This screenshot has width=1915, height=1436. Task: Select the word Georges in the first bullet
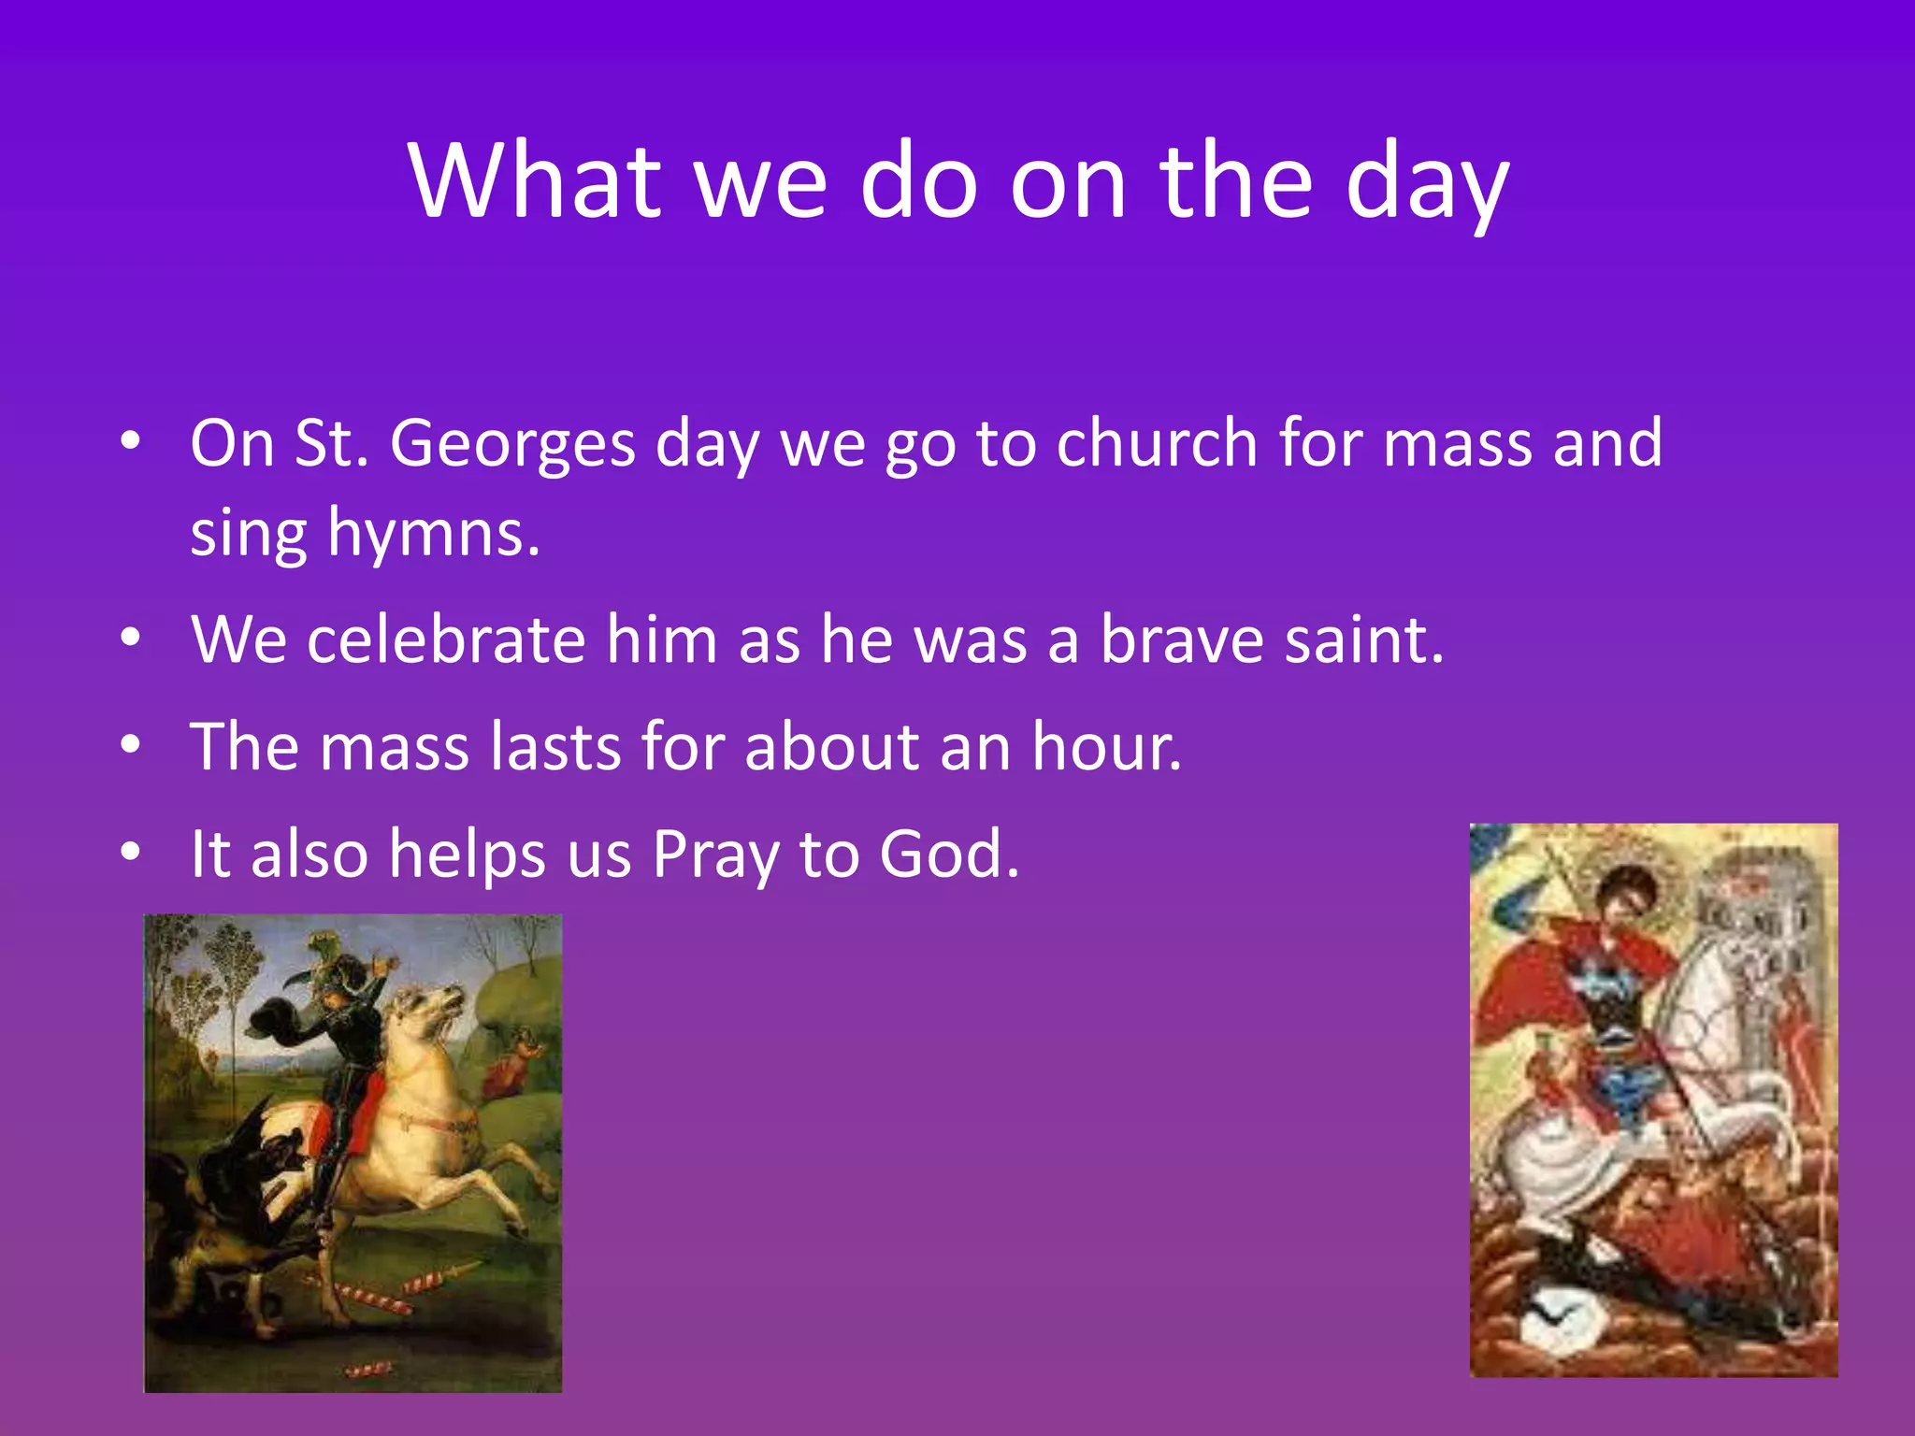[x=512, y=443]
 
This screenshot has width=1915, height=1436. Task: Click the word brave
[x=1181, y=640]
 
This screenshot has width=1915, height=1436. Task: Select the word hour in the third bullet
[x=1106, y=747]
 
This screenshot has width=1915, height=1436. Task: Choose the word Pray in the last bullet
[x=715, y=855]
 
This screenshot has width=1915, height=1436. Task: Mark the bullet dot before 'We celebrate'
[x=131, y=639]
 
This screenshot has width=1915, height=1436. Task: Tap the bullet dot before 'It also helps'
[x=131, y=852]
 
